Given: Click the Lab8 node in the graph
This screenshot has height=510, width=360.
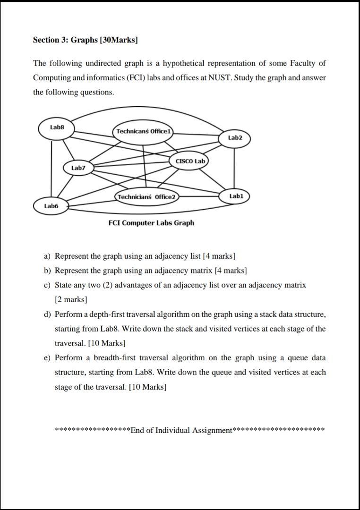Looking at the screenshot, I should [x=56, y=127].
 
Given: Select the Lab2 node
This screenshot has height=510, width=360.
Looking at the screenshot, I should [x=235, y=138].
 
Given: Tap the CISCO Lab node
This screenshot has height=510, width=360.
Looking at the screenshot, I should [x=190, y=161].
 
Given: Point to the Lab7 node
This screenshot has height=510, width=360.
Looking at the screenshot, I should [x=78, y=168].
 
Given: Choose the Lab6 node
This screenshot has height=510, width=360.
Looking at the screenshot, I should [x=51, y=206].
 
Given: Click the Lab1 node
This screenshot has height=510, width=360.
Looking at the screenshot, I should [x=235, y=195].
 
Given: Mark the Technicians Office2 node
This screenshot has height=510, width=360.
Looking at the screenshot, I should [x=146, y=196].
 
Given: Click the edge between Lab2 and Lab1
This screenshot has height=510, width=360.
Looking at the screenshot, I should [x=235, y=167].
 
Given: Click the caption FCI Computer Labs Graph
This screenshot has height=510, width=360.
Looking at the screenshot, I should [x=151, y=223].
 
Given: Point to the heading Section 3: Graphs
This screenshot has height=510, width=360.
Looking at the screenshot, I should [x=85, y=40].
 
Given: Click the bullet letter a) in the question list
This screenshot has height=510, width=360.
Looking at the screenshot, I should [x=47, y=256].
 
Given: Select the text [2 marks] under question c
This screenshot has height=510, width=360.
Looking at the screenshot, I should [x=71, y=299].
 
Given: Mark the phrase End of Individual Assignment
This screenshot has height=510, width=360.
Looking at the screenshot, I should [x=181, y=430].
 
